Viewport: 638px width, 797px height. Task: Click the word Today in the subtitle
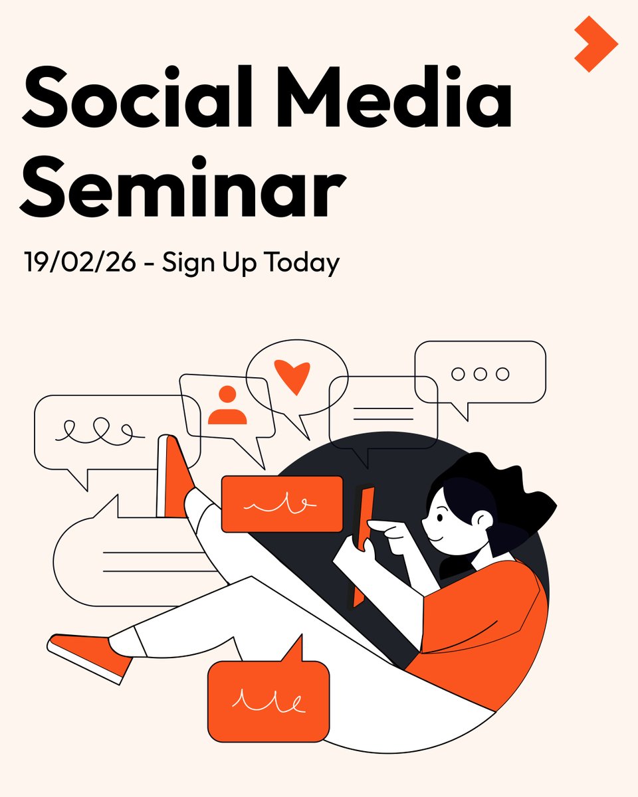coord(302,264)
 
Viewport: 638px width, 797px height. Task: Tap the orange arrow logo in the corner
coord(596,44)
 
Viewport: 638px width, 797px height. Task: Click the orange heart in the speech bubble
coord(292,376)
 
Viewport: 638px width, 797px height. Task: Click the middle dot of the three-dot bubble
coord(480,374)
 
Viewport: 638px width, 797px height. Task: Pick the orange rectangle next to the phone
coord(282,504)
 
